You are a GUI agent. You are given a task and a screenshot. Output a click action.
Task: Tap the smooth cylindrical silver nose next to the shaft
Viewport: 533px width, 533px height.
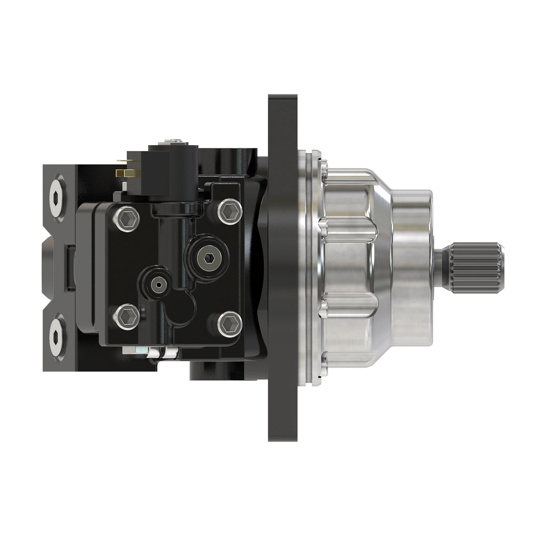(x=411, y=266)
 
